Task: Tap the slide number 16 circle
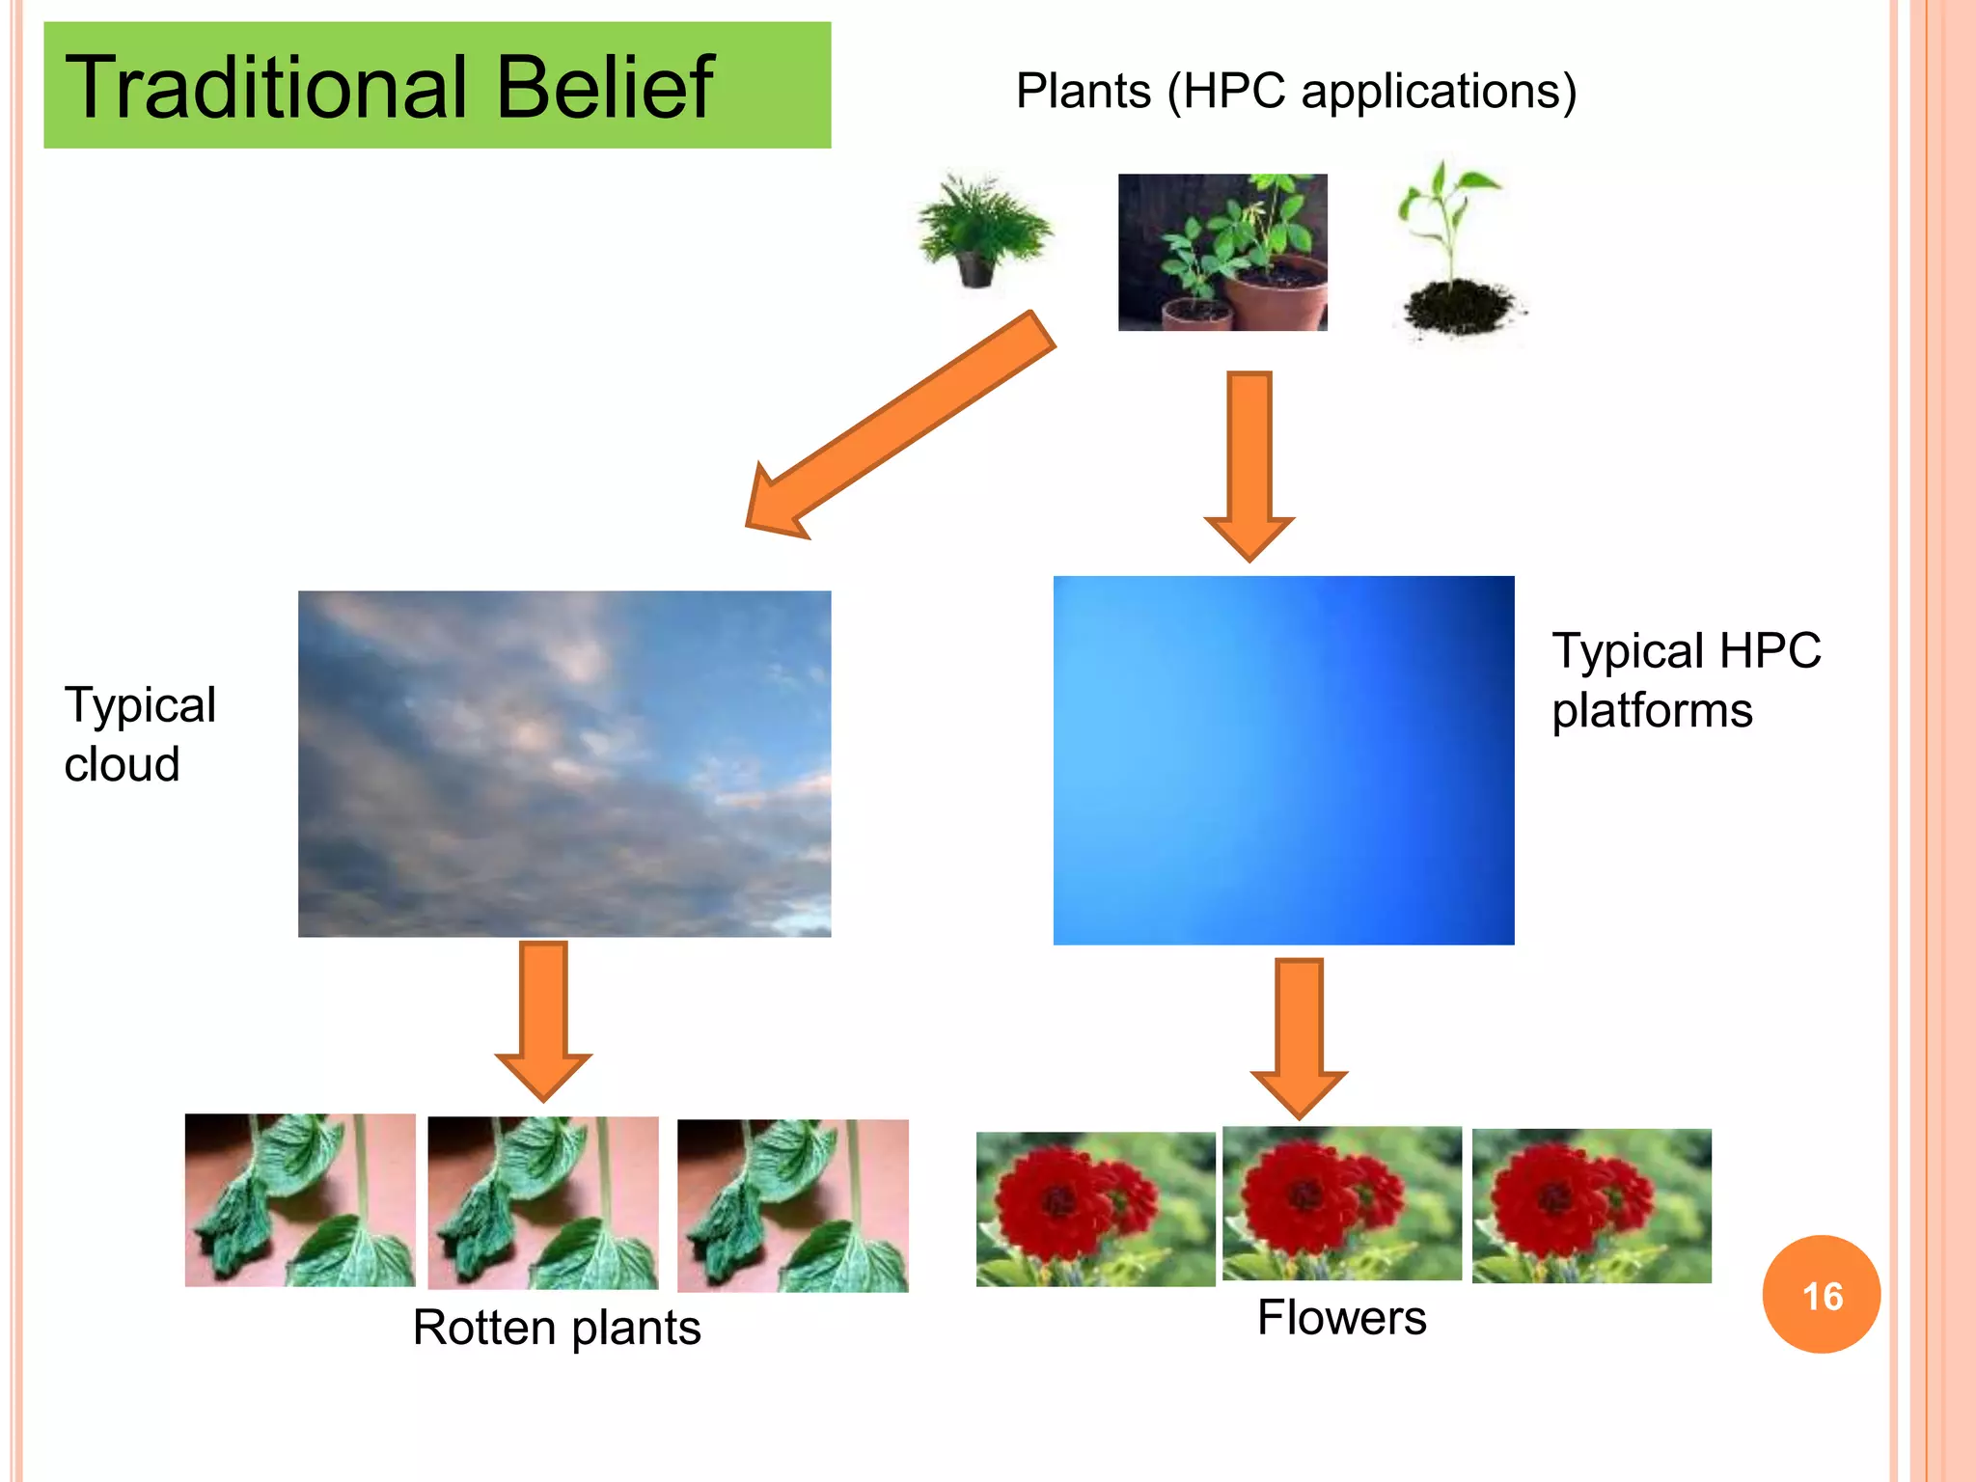pos(1821,1295)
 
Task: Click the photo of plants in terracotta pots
pos(1222,253)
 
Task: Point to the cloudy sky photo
pos(564,763)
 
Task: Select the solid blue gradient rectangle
pos(1283,760)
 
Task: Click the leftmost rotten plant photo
pos(300,1200)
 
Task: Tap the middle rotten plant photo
pos(543,1203)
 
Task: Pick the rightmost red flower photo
pos(1591,1206)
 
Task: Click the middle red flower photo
pos(1341,1203)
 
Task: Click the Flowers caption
pos(1341,1318)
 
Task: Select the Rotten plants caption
pos(557,1328)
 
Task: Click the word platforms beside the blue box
pos(1652,711)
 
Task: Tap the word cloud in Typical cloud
pos(123,765)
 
